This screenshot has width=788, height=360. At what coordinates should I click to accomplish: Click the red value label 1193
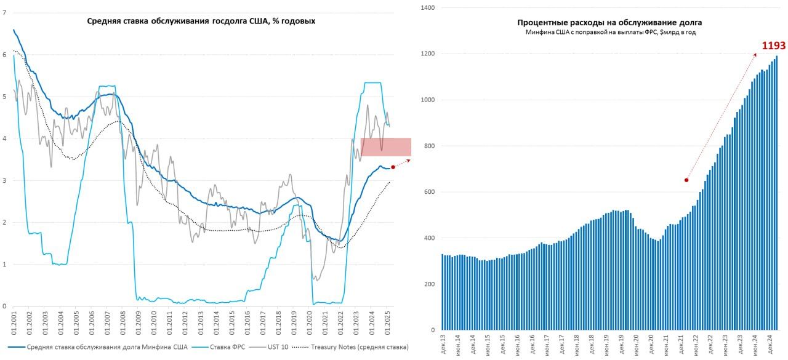[x=773, y=46]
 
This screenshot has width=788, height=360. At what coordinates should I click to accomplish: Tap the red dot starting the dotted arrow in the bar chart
[x=686, y=180]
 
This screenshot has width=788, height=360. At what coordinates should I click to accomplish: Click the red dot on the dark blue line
[x=393, y=167]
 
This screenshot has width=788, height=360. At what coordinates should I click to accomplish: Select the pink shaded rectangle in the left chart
[x=386, y=147]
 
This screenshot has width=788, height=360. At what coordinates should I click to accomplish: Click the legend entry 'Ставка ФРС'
[x=227, y=347]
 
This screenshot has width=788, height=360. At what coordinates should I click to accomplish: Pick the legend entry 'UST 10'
[x=278, y=347]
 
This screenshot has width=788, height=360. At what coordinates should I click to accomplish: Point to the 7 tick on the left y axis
[x=4, y=13]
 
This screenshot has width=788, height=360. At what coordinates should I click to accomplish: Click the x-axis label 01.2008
[x=123, y=321]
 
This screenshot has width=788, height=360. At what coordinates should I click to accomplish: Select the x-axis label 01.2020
[x=310, y=321]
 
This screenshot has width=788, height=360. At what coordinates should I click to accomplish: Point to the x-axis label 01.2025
[x=388, y=321]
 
